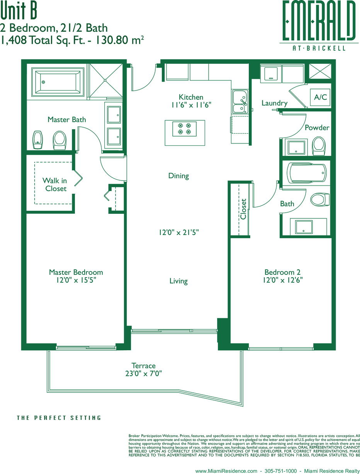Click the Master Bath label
click(67, 119)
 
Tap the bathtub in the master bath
click(58, 82)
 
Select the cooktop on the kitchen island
click(184, 129)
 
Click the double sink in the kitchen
click(240, 101)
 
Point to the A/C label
click(320, 97)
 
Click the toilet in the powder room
click(319, 145)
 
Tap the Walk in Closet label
click(54, 184)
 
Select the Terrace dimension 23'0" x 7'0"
click(143, 373)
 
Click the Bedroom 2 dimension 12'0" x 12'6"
click(283, 280)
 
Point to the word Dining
click(178, 176)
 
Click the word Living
click(178, 281)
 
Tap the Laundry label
click(274, 103)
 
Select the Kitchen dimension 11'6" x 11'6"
click(191, 105)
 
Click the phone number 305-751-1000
click(281, 471)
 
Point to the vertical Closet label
click(243, 209)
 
